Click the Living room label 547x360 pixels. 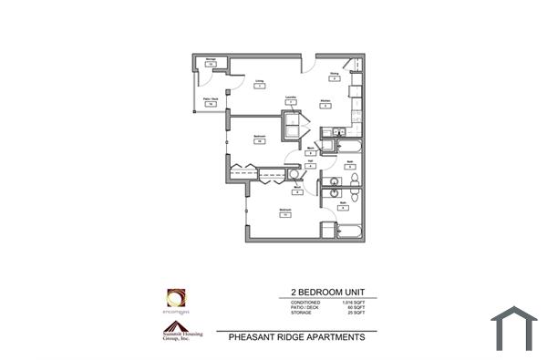coord(259,79)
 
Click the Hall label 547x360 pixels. coord(311,161)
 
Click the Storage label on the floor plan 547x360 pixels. coord(210,61)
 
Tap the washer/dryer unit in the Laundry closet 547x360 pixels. coord(294,126)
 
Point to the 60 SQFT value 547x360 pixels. coord(356,307)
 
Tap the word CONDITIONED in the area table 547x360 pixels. coord(305,302)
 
